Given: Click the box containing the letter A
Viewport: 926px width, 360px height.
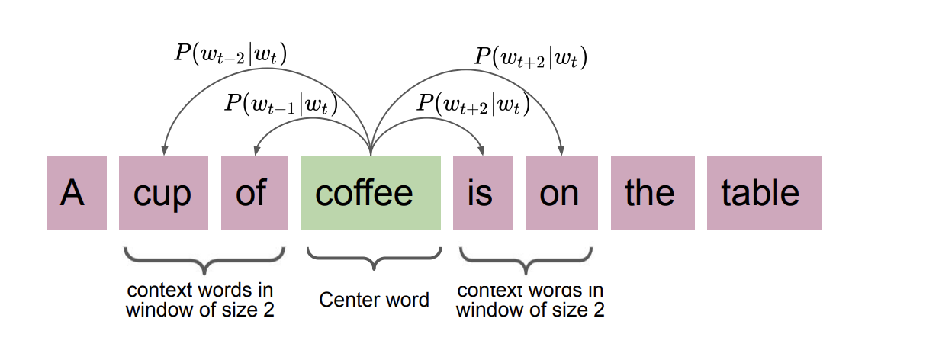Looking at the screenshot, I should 76,193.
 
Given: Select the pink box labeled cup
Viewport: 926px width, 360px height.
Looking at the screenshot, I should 163,193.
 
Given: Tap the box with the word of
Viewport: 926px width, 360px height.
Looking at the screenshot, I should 255,193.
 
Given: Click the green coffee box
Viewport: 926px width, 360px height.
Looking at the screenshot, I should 371,193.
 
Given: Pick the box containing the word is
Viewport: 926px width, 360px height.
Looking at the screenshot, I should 482,193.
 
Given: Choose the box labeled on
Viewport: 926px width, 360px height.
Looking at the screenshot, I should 560,193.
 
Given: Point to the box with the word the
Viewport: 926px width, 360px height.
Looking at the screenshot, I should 653,193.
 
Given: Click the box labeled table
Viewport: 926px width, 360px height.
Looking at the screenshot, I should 764,193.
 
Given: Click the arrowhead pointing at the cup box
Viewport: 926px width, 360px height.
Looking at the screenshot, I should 163,150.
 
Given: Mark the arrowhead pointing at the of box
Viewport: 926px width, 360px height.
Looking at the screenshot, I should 256,150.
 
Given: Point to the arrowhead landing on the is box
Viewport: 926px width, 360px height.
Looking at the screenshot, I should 482,150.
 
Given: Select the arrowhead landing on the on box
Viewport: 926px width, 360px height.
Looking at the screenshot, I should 561,150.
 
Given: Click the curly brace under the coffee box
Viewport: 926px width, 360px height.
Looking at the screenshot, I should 374,259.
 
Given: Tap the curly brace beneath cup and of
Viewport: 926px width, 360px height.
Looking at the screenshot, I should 204,261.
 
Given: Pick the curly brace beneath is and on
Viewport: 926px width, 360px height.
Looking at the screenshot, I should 526,261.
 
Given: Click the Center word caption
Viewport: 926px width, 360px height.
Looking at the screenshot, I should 374,300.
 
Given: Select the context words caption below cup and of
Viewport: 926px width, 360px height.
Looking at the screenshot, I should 200,300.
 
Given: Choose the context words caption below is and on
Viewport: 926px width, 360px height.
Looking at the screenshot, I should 529,300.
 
